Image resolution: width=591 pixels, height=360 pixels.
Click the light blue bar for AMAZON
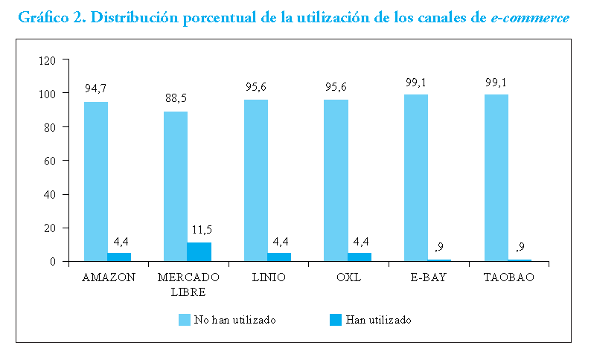(x=96, y=181)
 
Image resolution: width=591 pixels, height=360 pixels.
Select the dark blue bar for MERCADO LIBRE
(x=199, y=251)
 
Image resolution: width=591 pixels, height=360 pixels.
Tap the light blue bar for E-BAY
(x=416, y=178)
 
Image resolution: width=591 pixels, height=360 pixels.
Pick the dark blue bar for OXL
(x=359, y=257)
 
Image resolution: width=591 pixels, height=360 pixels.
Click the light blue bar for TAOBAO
(x=496, y=178)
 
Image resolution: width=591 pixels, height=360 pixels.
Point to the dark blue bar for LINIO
(x=279, y=257)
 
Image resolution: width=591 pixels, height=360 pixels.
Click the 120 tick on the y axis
(x=49, y=60)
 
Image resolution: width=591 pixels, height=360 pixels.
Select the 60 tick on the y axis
(x=51, y=161)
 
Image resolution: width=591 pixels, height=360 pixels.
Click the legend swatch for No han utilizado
(x=185, y=320)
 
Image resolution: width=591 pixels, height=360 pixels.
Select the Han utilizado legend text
(x=378, y=320)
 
